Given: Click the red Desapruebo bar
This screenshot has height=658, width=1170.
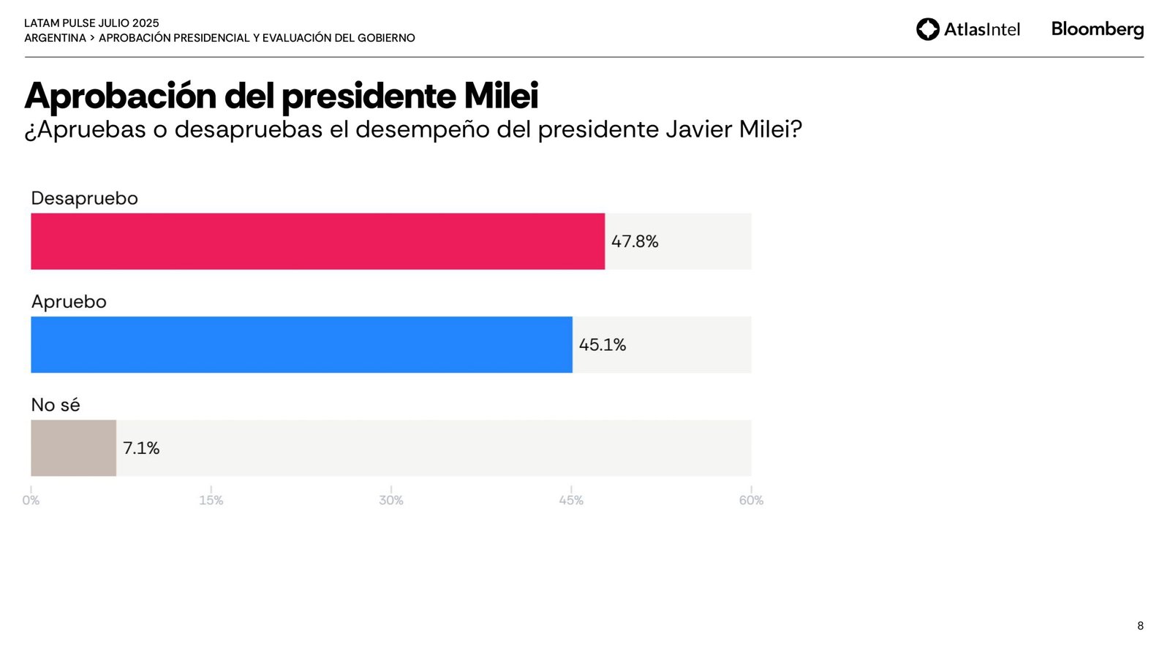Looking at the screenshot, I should tap(317, 241).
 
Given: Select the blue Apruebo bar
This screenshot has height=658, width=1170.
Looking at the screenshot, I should tap(301, 344).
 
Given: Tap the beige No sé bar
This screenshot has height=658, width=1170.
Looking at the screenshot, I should tap(73, 447).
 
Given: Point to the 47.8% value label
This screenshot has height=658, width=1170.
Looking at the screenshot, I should tap(635, 241).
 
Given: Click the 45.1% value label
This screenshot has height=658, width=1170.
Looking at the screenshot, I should tap(603, 344).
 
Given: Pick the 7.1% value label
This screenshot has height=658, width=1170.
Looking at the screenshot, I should tap(141, 447).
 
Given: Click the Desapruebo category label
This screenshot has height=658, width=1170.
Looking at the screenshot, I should tap(84, 198).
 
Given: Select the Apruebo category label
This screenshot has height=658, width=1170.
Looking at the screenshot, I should tap(69, 301).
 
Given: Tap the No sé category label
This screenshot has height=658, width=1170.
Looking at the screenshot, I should tap(56, 404).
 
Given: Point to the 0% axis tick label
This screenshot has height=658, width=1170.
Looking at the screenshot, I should tap(31, 500).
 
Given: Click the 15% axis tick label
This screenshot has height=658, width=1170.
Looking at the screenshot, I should tap(211, 500).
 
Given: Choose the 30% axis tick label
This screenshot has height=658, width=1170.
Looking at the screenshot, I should tap(391, 500).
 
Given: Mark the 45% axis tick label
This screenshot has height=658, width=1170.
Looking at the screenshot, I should tap(571, 500).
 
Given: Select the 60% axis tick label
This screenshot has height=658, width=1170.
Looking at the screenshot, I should tap(751, 500).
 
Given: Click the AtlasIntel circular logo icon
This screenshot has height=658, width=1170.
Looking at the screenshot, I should tap(927, 29).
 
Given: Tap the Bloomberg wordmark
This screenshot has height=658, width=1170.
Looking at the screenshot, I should tap(1097, 29).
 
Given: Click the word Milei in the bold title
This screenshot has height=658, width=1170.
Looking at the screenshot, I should tap(501, 96).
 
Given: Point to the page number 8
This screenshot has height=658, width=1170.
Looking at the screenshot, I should tap(1140, 626).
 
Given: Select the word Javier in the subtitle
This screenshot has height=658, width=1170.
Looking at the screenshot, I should tap(698, 129).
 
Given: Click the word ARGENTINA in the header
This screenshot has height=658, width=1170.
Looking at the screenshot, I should tap(55, 38).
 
